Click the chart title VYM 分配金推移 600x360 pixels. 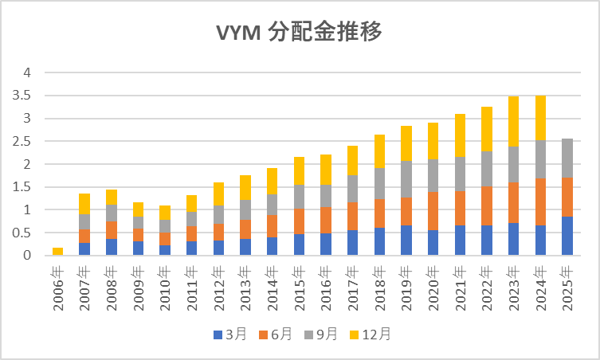[300, 33]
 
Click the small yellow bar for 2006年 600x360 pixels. [58, 252]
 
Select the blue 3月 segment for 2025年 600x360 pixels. [567, 236]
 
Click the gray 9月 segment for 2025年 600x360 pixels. [567, 158]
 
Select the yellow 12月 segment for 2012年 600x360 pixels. [218, 194]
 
